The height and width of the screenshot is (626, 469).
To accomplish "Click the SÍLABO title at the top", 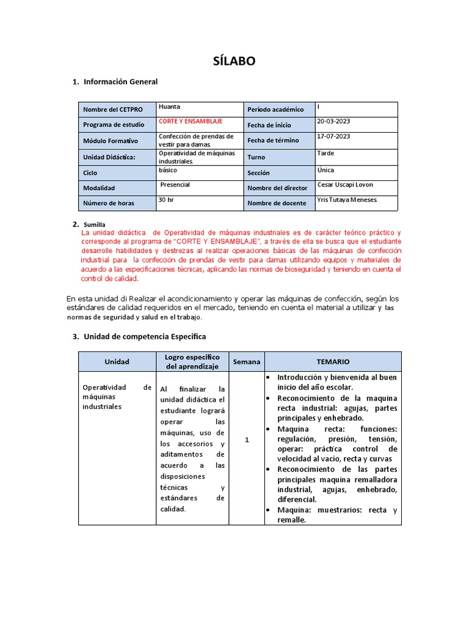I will [x=234, y=61].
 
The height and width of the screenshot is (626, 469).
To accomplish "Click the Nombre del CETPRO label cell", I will [x=113, y=109].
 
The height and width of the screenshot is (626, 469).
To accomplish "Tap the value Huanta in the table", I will [x=169, y=106].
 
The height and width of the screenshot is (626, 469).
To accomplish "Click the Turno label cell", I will [x=256, y=157].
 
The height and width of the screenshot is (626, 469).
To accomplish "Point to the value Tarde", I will [x=325, y=153].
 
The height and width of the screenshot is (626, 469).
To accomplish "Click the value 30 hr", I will [x=166, y=199].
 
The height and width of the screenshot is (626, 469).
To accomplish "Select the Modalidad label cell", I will [x=99, y=188].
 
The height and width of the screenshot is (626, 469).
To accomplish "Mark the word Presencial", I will [x=175, y=185].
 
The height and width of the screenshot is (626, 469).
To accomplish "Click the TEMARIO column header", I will [x=333, y=361].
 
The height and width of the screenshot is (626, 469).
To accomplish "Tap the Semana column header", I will [x=247, y=361].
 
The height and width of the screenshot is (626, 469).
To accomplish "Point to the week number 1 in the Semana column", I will [x=247, y=440].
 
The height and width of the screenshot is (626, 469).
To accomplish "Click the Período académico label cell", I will [x=275, y=109].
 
